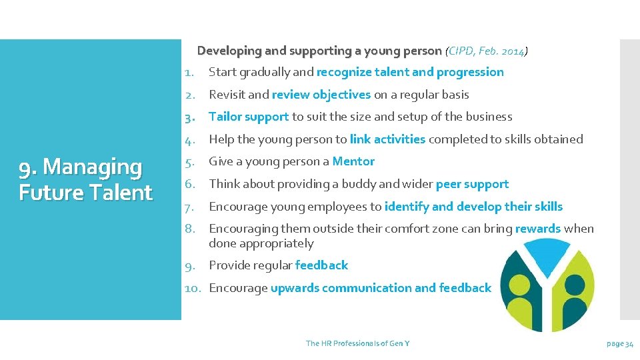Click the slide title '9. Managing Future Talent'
point(85,179)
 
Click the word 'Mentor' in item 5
point(353,161)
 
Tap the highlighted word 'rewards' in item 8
point(537,229)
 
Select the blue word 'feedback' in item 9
point(321,265)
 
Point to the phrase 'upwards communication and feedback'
point(381,288)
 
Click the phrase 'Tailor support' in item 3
point(249,117)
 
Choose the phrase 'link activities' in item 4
point(387,139)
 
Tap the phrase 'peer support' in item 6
point(472,184)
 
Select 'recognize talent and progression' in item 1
point(410,72)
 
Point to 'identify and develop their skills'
point(473,207)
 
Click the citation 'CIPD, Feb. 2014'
point(487,51)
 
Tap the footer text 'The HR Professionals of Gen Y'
point(357,343)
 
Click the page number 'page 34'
point(620,343)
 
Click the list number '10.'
point(193,288)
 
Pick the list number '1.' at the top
point(189,72)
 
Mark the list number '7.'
point(189,207)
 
